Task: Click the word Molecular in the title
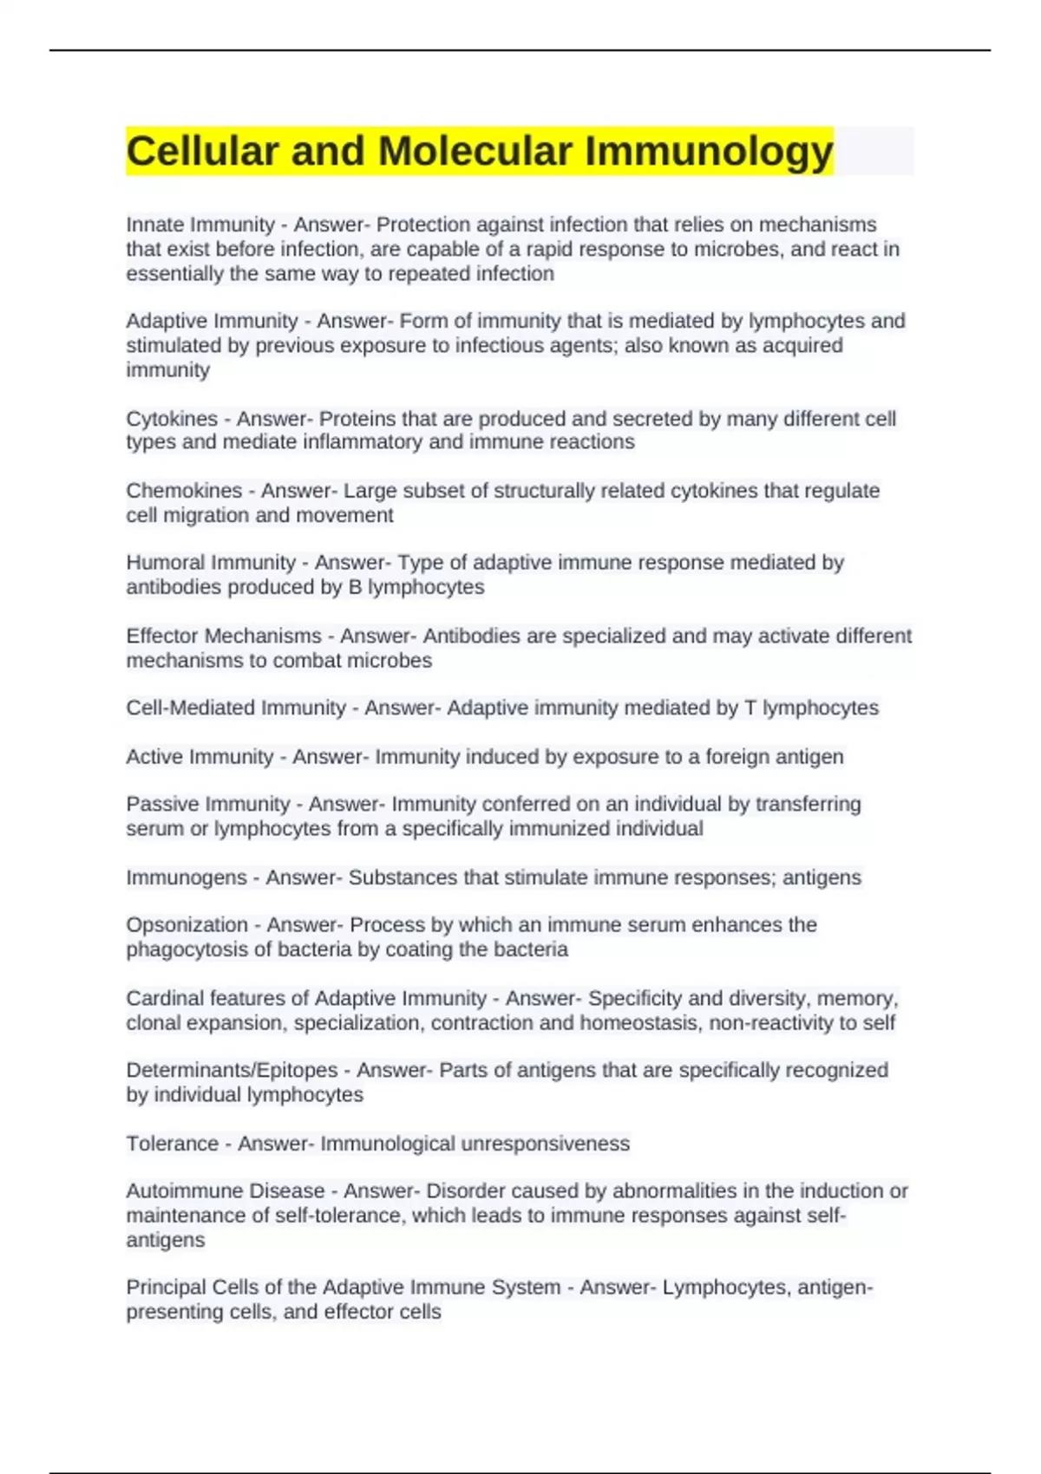pos(475,152)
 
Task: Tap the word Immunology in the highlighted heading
pos(709,152)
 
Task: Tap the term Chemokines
pos(184,491)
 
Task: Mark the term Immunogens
pos(186,877)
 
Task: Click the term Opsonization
pos(187,925)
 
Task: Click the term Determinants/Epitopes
pos(232,1070)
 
